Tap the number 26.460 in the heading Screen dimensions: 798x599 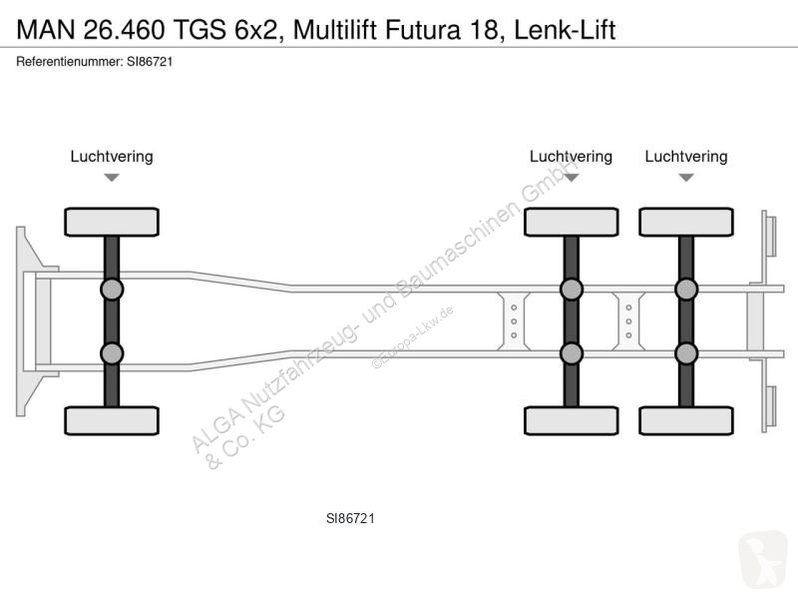[x=124, y=30]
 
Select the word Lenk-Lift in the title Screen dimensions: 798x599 [x=565, y=30]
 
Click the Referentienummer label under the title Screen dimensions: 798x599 [x=69, y=62]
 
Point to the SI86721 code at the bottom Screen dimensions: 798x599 [x=350, y=518]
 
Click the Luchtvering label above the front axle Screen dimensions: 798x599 [x=112, y=157]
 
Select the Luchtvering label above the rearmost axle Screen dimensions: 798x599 [x=686, y=157]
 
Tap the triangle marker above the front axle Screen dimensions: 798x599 [x=112, y=178]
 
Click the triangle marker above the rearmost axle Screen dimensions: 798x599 [x=686, y=178]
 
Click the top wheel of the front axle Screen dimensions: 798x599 [x=112, y=222]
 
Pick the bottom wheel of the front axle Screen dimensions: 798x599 [x=112, y=420]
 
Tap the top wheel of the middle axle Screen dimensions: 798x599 [x=571, y=222]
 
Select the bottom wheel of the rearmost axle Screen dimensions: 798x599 [x=686, y=420]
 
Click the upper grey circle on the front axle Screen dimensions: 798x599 [x=112, y=290]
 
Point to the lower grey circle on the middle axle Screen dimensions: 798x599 [x=571, y=353]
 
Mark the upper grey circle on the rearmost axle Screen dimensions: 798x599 [x=686, y=290]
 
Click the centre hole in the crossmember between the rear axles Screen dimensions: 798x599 [x=629, y=321]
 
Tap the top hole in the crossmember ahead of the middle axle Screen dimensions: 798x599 [x=514, y=307]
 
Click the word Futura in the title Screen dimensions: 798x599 [x=423, y=30]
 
